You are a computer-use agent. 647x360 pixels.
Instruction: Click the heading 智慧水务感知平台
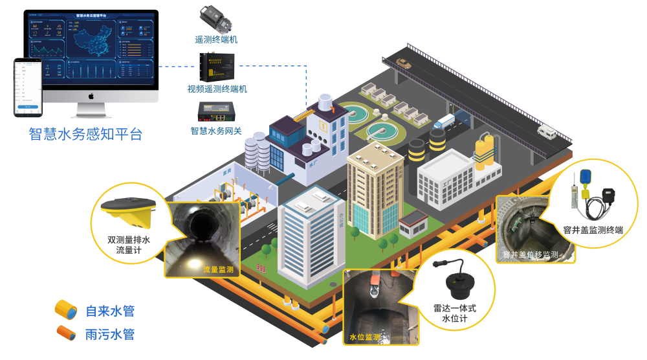pos(85,134)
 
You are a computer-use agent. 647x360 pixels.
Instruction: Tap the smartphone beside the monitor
pos(28,87)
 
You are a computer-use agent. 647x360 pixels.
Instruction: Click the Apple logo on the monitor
pos(92,96)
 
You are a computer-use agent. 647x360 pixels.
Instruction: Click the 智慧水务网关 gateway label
pos(216,131)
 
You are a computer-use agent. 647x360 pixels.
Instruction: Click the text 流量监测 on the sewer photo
pos(217,269)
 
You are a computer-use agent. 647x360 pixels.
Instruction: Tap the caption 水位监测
pos(364,337)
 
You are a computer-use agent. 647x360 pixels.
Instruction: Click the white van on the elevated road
pos(547,131)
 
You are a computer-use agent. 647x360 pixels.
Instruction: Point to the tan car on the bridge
pos(404,63)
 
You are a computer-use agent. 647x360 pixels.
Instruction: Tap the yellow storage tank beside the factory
pos(484,151)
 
